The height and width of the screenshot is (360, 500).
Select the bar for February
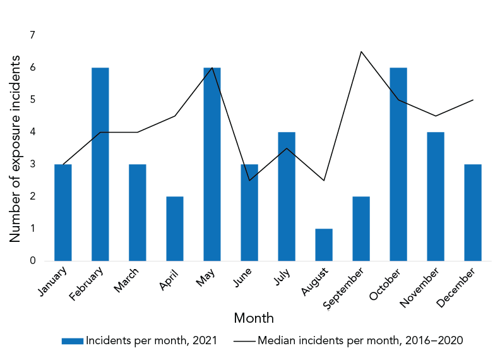(100, 164)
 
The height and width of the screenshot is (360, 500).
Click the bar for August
(324, 244)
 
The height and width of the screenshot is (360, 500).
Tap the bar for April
(175, 229)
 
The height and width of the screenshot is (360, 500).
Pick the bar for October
(398, 164)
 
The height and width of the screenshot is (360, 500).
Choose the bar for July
(287, 196)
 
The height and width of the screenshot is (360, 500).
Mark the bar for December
(473, 212)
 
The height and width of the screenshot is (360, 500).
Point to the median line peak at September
(360, 52)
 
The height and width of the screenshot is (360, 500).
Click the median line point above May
(212, 68)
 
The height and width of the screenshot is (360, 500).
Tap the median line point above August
(324, 181)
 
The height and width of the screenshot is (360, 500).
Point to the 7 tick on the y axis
(32, 35)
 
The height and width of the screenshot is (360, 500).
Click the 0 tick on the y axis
(32, 261)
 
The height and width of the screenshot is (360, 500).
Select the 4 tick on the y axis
(32, 132)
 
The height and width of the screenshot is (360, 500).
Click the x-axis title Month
(254, 318)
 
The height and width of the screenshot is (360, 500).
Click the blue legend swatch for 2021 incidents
(72, 341)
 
